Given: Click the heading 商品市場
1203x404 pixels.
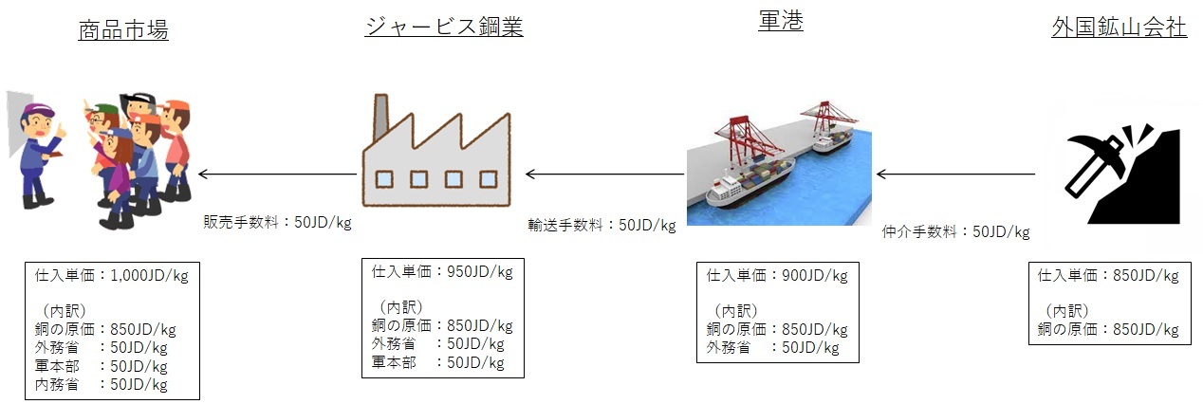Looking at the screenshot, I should (123, 30).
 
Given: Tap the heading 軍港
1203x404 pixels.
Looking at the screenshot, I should (781, 22).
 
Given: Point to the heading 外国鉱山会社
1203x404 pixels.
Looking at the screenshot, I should (1120, 28).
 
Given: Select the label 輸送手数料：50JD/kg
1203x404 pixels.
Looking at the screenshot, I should (601, 226).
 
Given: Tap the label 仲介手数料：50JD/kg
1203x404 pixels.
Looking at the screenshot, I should (955, 230).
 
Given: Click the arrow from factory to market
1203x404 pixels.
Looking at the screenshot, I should (278, 174).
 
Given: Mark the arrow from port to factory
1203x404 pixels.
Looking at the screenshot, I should (604, 174).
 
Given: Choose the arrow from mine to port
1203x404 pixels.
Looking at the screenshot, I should (955, 174).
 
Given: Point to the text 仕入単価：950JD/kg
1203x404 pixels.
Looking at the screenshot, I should (442, 272).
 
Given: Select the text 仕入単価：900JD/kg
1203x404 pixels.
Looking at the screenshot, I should (777, 276).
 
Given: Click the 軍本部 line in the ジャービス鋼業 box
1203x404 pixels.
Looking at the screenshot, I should (437, 362).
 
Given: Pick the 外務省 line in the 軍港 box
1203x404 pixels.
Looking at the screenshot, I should (772, 347).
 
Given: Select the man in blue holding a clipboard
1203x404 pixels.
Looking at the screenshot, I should (38, 152).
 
